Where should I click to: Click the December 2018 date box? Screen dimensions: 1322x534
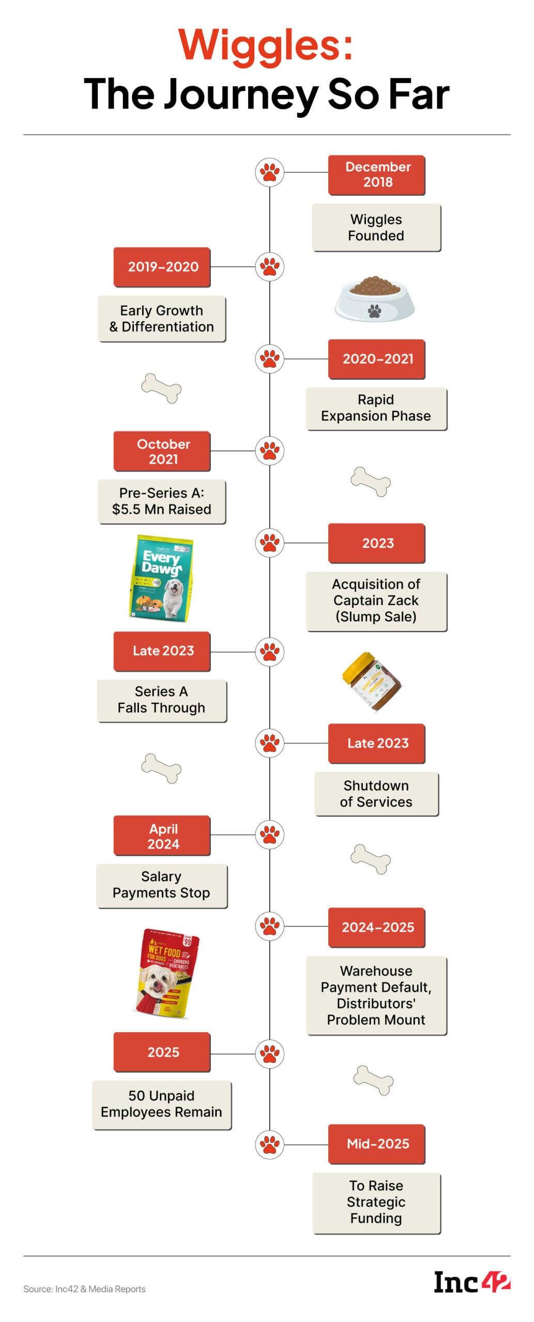pos(376,175)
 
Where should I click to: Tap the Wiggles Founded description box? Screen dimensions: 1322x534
pos(376,227)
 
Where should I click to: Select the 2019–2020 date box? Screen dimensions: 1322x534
pos(162,266)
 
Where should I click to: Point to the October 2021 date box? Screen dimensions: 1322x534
pos(162,451)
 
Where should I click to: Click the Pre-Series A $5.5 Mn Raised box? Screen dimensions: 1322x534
pos(162,501)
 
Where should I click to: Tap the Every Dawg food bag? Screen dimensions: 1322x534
pos(161,576)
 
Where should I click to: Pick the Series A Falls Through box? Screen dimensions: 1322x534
pos(162,700)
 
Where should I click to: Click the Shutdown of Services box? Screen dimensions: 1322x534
pos(376,793)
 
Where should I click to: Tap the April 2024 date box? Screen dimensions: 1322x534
pos(162,836)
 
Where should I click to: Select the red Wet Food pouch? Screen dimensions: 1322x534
pos(166,972)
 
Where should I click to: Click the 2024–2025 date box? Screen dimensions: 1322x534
pos(376,927)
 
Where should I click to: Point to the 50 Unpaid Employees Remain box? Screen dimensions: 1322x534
pos(162,1104)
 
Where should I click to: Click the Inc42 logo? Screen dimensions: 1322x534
pos(471,1282)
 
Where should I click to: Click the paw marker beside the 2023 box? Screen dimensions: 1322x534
pos(269,543)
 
